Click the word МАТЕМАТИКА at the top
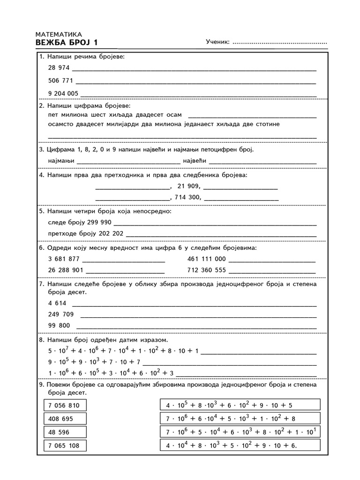point(59,34)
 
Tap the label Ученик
point(217,43)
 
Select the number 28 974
point(59,67)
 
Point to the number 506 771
point(60,80)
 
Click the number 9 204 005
point(63,93)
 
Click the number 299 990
point(99,222)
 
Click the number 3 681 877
point(64,258)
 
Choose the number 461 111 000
point(206,258)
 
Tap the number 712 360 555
point(206,270)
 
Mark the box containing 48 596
point(64,432)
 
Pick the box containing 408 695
point(64,419)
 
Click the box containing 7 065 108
point(64,446)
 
